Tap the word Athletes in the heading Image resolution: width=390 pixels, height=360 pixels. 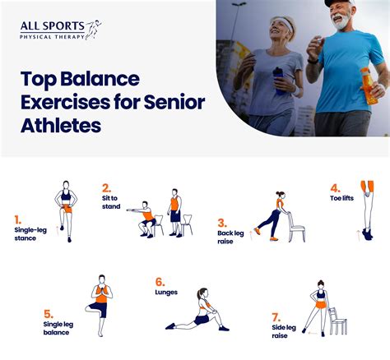(x=61, y=125)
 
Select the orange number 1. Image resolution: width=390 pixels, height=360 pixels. (x=17, y=219)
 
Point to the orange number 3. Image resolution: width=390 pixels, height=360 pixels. (x=222, y=222)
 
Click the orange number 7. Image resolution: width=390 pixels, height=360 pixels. (x=276, y=316)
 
